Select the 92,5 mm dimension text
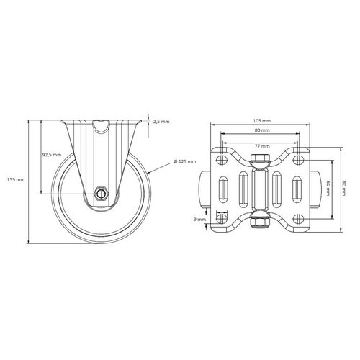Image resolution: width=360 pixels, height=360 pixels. pos(51,155)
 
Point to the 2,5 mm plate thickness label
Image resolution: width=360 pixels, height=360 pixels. pos(161,122)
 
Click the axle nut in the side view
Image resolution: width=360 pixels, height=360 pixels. pos(102,193)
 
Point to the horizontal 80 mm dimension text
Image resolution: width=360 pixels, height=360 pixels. pos(261,130)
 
